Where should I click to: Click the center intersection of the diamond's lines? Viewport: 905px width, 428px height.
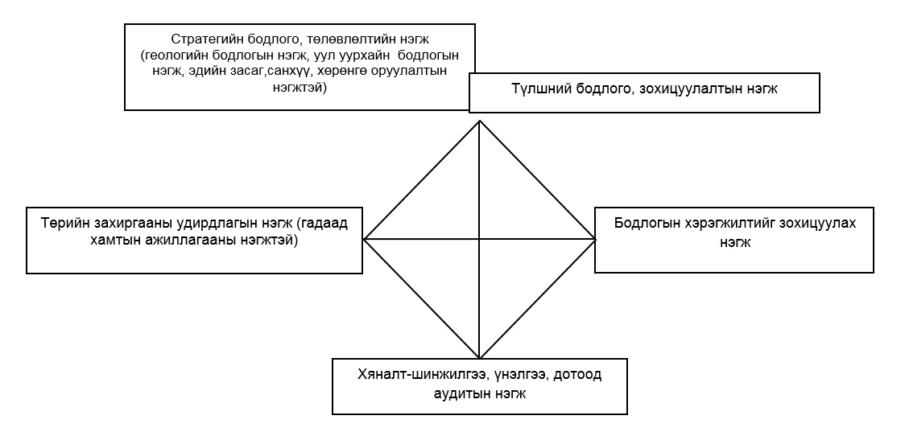(x=479, y=238)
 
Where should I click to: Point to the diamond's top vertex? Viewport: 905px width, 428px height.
(x=479, y=120)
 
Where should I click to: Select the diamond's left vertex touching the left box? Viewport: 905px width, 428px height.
(x=364, y=239)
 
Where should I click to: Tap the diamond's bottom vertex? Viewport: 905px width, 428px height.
(x=479, y=358)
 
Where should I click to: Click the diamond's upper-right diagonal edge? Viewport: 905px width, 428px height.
(x=537, y=179)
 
